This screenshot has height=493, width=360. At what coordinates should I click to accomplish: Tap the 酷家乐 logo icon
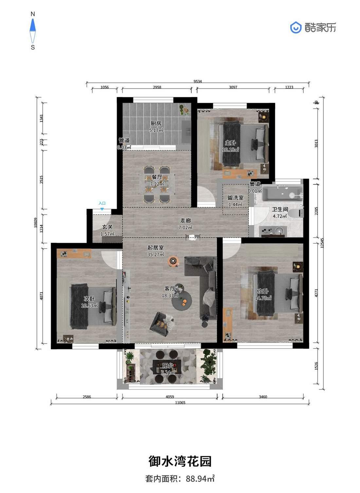pyautogui.click(x=296, y=27)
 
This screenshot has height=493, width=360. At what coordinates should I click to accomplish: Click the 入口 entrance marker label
pyautogui.click(x=102, y=203)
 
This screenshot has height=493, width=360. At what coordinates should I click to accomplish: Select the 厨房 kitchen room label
pyautogui.click(x=156, y=123)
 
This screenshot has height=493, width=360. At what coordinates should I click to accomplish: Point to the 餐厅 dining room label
pyautogui.click(x=157, y=177)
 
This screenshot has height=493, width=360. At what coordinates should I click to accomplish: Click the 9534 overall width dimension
pyautogui.click(x=198, y=82)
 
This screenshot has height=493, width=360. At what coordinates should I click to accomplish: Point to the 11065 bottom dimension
pyautogui.click(x=180, y=403)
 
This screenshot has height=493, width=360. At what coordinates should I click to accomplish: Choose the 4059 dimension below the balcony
pyautogui.click(x=170, y=397)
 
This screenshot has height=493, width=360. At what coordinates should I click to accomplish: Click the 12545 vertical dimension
pyautogui.click(x=322, y=243)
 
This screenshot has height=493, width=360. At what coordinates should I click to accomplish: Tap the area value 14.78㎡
pyautogui.click(x=263, y=298)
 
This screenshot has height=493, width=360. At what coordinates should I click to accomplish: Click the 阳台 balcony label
pyautogui.click(x=168, y=366)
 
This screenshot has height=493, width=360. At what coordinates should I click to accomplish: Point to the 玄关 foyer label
pyautogui.click(x=107, y=227)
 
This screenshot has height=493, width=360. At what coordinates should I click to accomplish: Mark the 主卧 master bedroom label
pyautogui.click(x=230, y=143)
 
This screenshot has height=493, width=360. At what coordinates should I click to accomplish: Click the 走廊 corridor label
pyautogui.click(x=185, y=220)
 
